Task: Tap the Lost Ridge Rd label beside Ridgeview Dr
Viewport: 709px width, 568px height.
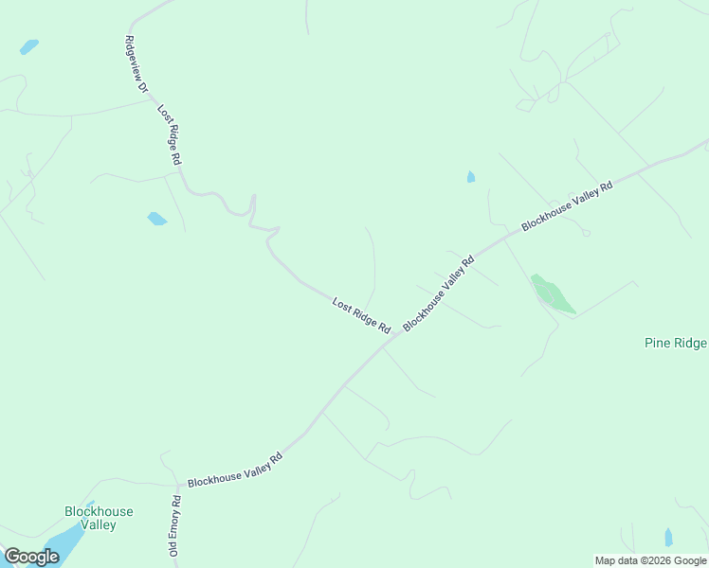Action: [169, 135]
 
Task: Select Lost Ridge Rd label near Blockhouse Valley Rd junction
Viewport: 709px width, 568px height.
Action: [361, 315]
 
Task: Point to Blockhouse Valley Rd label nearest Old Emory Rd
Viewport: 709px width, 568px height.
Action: [235, 470]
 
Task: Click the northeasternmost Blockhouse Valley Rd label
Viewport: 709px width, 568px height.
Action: [567, 204]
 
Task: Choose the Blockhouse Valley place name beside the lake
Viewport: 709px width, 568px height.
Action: [99, 518]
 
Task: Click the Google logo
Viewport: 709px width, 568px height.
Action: [31, 557]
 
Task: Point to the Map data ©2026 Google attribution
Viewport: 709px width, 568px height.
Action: [651, 560]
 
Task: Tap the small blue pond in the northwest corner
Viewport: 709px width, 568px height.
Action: [29, 46]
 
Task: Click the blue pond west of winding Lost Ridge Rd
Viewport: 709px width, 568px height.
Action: [156, 219]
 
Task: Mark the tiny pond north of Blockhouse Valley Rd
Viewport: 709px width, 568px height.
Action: [471, 177]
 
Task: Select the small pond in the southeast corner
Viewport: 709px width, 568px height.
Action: [668, 538]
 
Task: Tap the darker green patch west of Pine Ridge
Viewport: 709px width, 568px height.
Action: [553, 293]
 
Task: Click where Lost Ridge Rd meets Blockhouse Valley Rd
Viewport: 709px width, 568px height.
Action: [385, 345]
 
